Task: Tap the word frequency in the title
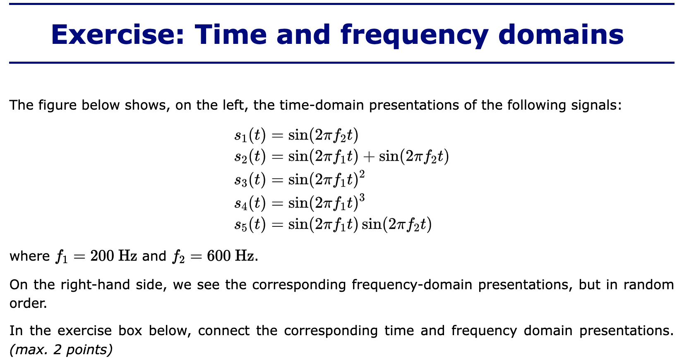click(415, 36)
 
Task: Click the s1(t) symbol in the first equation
click(250, 135)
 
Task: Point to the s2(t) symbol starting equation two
click(250, 156)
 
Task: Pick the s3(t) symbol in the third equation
click(250, 180)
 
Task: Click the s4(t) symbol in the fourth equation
click(250, 202)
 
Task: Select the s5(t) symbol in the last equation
click(250, 224)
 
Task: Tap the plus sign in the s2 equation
click(368, 156)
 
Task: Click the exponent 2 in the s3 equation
click(362, 174)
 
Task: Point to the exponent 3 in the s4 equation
click(362, 197)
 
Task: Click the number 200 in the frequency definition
click(102, 256)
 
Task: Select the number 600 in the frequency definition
click(219, 256)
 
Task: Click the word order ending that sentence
click(27, 303)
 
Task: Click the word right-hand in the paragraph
click(95, 285)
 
